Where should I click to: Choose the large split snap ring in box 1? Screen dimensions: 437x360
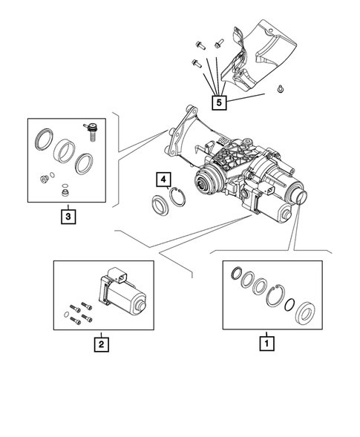(275, 297)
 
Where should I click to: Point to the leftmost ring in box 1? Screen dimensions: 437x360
(238, 273)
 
